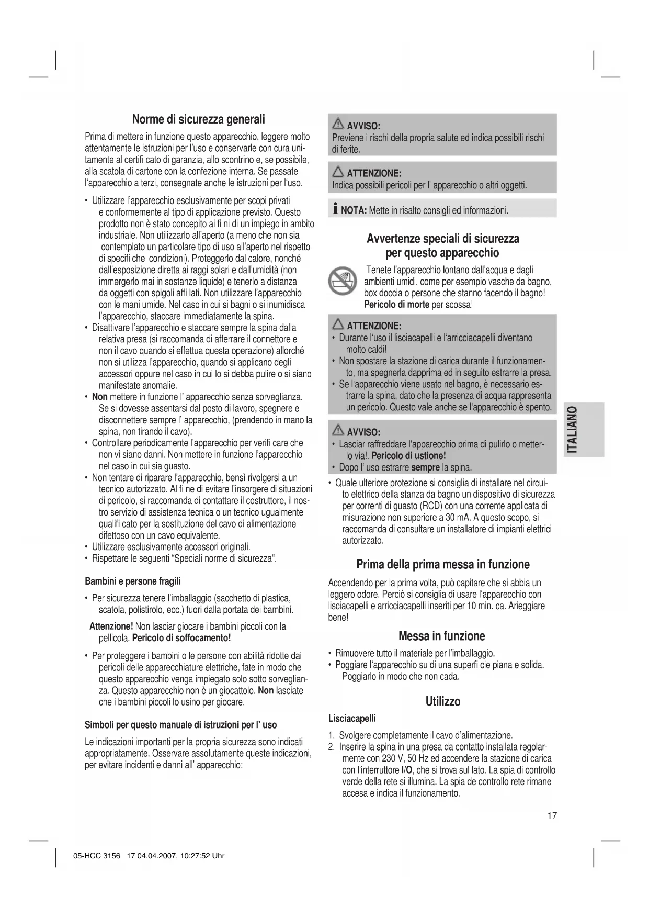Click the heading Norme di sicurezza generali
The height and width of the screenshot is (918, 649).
(x=198, y=119)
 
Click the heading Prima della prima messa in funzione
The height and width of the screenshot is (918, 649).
(x=442, y=564)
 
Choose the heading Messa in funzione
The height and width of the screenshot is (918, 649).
(x=441, y=636)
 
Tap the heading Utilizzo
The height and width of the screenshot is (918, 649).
(x=442, y=701)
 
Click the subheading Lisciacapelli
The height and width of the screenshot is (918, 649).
(x=351, y=718)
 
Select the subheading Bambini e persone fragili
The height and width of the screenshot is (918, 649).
(x=133, y=581)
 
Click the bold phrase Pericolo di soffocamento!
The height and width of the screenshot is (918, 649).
(x=181, y=638)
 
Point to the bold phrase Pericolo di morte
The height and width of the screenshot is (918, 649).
(x=396, y=305)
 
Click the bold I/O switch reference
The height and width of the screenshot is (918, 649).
(x=406, y=770)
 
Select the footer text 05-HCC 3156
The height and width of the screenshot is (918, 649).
(x=97, y=856)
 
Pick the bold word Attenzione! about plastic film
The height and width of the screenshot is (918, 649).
(x=111, y=626)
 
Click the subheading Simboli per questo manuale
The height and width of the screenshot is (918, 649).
(x=180, y=725)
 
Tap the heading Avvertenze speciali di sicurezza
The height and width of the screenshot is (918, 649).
(x=442, y=239)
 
